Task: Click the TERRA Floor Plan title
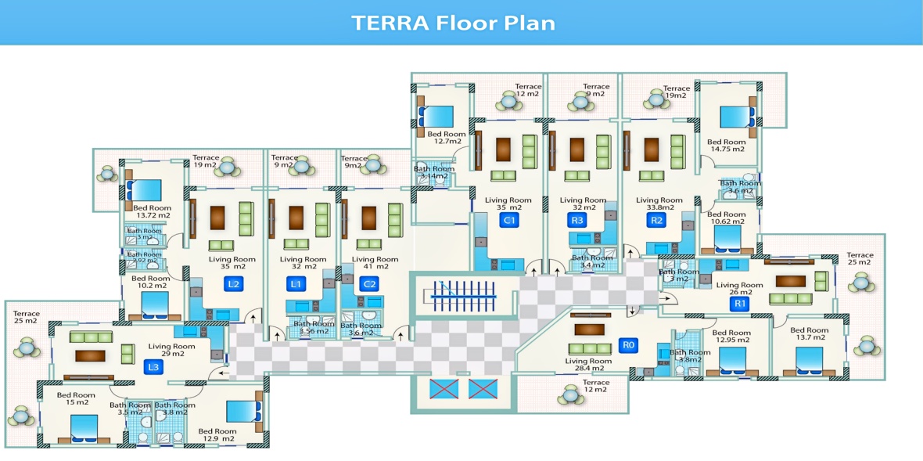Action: (x=454, y=22)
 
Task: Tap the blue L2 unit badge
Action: (x=232, y=284)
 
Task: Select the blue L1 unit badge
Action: (x=296, y=284)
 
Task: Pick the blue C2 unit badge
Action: (x=370, y=284)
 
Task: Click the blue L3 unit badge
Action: (x=153, y=367)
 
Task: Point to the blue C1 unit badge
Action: (x=509, y=221)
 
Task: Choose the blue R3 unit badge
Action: (x=577, y=221)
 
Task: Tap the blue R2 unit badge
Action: (x=656, y=221)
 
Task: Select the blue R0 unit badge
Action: (x=627, y=344)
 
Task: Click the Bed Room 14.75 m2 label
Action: (x=726, y=146)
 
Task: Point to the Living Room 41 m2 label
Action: (x=375, y=263)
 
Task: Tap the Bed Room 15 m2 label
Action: (x=76, y=399)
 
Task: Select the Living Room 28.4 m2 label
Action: (x=588, y=365)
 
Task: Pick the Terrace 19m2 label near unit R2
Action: (x=677, y=92)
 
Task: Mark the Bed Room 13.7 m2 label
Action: (x=808, y=334)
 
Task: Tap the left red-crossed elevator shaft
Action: (x=444, y=388)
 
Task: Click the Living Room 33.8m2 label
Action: (x=659, y=204)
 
